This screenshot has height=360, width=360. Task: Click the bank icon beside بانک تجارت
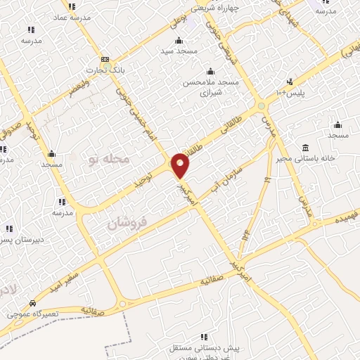point(105,60)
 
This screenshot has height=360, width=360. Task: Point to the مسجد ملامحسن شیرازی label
point(212,87)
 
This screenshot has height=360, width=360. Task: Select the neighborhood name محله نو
point(109,160)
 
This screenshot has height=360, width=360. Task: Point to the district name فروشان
point(127,224)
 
